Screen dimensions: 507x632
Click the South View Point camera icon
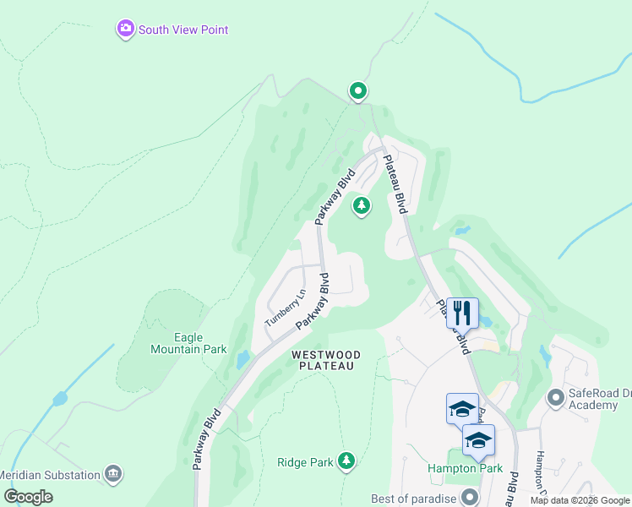point(126,30)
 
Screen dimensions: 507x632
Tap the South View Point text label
point(183,30)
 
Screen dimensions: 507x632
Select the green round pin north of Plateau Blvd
point(357,90)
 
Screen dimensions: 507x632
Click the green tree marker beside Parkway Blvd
point(362,205)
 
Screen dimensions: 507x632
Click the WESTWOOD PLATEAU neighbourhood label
point(326,360)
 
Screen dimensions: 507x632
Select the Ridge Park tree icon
point(345,461)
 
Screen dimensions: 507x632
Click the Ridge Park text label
point(304,462)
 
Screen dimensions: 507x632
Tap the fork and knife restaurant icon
point(462,313)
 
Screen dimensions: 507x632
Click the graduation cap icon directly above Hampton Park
point(478,440)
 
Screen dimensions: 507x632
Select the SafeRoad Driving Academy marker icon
point(555,396)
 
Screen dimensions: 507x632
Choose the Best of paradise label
point(414,497)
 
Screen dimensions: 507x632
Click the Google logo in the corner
point(28,497)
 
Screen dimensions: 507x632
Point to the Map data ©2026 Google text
point(580,500)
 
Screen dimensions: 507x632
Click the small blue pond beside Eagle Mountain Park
point(242,359)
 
